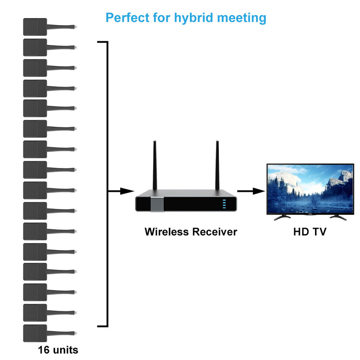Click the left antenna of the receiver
pos(154,165)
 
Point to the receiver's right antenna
pos(217,165)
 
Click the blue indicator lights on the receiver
pos(225,204)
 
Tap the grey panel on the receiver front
pos(157,204)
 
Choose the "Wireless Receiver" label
pos(190,232)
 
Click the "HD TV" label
pos(310,232)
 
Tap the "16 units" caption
pos(58,350)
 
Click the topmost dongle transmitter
pos(35,27)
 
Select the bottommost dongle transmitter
pos(35,333)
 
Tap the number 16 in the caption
pos(43,350)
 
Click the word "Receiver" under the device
pos(215,232)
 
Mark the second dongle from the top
pos(35,47)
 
